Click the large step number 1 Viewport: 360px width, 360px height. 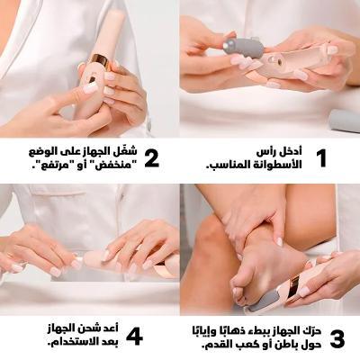point(321,157)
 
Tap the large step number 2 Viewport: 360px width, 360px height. point(151,158)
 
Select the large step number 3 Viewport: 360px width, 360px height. point(337,339)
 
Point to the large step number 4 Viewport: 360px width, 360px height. point(134,337)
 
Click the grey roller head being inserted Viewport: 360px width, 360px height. point(243,48)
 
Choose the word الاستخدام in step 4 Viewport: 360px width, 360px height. point(76,341)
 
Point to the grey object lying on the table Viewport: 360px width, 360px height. point(345,121)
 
